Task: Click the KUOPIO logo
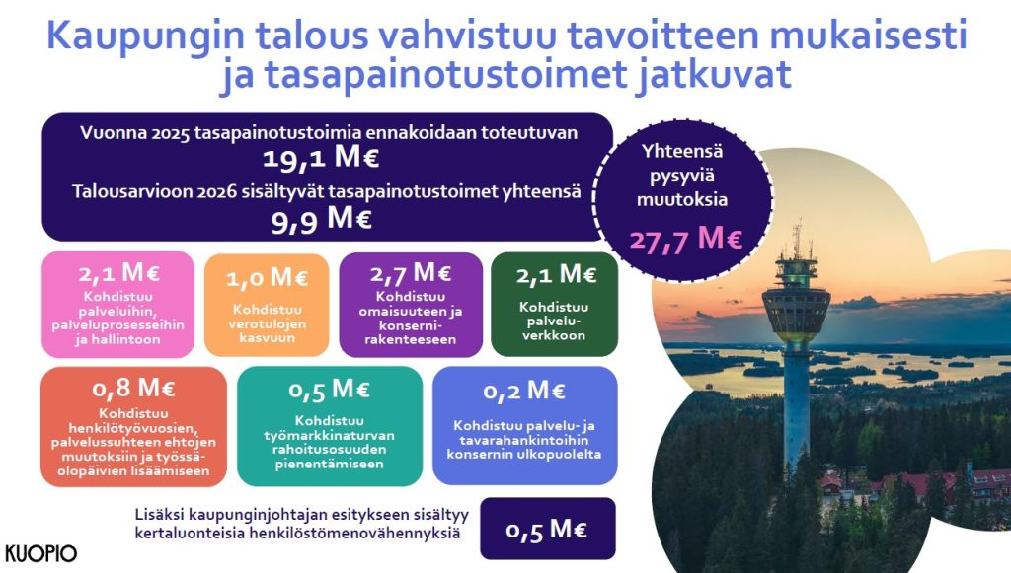pos(40,553)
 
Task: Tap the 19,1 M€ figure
pos(321,158)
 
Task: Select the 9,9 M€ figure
pos(321,220)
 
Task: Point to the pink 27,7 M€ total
pos(686,239)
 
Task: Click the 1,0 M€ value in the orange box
pos(267,278)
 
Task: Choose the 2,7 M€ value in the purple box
pos(410,273)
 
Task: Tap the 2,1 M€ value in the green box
pos(556,275)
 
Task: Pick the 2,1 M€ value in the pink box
pos(118,273)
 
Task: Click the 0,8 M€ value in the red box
pos(133,389)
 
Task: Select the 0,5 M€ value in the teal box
pos(329,390)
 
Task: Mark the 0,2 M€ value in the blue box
pos(524,391)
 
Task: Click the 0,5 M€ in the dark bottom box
pos(546,530)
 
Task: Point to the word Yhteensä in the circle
pos(682,152)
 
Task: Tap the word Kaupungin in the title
pos(145,36)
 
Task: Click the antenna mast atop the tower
pos(797,240)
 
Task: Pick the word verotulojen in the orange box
pos(267,323)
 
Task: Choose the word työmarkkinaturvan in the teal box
pos(329,435)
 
